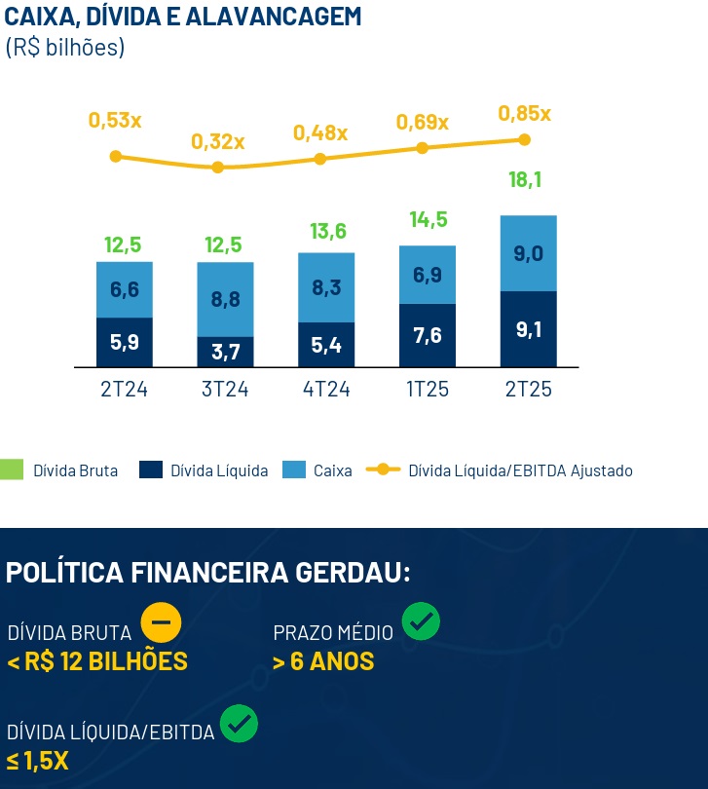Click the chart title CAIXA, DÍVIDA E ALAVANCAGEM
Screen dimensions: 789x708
[183, 17]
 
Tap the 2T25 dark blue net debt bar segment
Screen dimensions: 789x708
[529, 329]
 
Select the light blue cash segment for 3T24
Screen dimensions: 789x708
[225, 299]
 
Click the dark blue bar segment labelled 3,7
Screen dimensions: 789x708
[225, 353]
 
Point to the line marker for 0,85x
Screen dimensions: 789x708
[524, 139]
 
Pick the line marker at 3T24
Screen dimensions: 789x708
[218, 168]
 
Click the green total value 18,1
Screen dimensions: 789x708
[526, 180]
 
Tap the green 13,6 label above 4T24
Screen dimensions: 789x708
[327, 231]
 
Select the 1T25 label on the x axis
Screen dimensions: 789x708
[428, 390]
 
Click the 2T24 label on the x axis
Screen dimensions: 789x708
[125, 390]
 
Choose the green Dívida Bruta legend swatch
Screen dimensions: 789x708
[11, 470]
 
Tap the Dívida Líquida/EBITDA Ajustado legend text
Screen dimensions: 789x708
[520, 470]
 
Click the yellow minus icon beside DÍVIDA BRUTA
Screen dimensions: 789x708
[160, 621]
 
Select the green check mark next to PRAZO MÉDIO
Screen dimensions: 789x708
[421, 621]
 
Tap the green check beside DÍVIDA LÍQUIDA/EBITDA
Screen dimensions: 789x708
[239, 724]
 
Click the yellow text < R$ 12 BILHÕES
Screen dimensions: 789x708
[96, 661]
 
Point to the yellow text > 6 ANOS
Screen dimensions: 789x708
[323, 661]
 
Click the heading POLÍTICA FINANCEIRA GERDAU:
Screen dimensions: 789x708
[208, 573]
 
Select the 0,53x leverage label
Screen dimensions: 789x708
[115, 120]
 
